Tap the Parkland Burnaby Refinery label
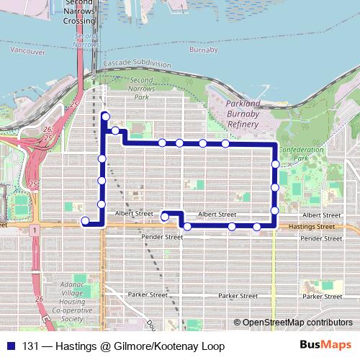pyautogui.click(x=233, y=114)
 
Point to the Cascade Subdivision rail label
pyautogui.click(x=138, y=64)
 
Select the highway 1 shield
pyautogui.click(x=33, y=229)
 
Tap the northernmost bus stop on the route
pyautogui.click(x=106, y=116)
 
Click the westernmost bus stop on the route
pyautogui.click(x=85, y=221)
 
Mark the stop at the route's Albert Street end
pyautogui.click(x=165, y=216)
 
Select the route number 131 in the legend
pyautogui.click(x=31, y=346)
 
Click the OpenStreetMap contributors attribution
pyautogui.click(x=297, y=323)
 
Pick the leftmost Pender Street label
pyautogui.click(x=163, y=236)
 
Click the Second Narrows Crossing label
pyautogui.click(x=79, y=12)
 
